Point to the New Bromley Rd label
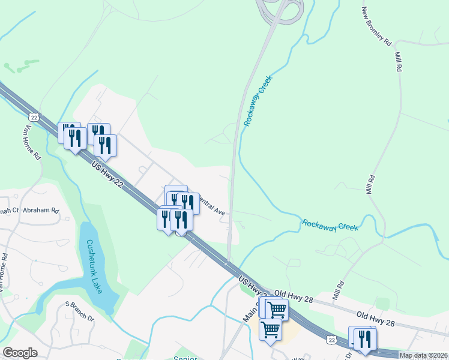(376, 28)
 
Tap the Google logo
(20, 353)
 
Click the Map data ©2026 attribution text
(423, 355)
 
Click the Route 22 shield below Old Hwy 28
(332, 340)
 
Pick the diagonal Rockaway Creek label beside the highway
(258, 100)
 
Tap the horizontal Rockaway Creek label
(330, 225)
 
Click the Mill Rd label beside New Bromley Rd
(398, 61)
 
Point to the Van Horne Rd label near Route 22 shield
(32, 143)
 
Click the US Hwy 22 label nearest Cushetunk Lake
(108, 175)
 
